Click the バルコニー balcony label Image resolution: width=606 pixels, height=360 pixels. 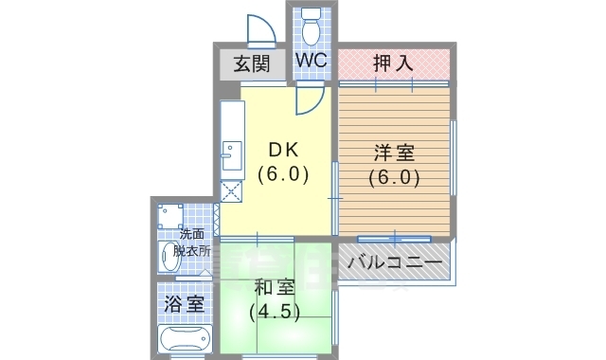point(394,262)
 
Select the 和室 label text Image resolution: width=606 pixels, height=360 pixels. point(276,287)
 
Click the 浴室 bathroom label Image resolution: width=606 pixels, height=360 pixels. point(184,305)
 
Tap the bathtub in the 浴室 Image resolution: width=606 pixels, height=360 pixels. point(184,341)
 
